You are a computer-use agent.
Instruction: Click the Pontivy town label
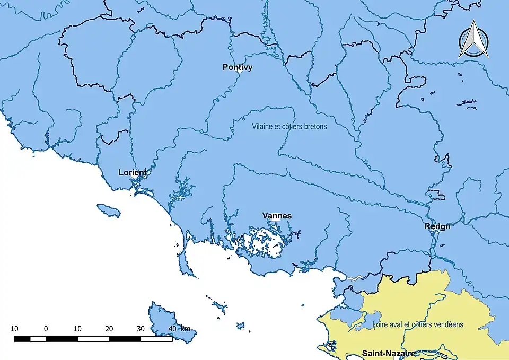click(x=238, y=67)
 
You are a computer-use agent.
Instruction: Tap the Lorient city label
click(x=133, y=172)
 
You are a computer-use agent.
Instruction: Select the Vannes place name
click(x=277, y=216)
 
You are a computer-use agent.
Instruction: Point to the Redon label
click(x=437, y=226)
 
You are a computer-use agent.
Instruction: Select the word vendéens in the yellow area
click(x=448, y=324)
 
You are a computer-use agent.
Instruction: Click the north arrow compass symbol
click(x=473, y=39)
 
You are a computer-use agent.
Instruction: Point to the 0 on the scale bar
click(x=46, y=329)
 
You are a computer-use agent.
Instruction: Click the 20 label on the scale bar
click(x=109, y=329)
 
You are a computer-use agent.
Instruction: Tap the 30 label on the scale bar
click(x=141, y=329)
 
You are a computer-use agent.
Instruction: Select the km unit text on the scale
click(x=185, y=329)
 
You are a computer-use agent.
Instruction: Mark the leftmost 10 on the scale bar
click(x=14, y=329)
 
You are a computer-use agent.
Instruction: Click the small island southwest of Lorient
click(x=108, y=210)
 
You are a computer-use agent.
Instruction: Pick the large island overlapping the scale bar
click(x=167, y=321)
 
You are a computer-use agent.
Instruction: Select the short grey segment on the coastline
click(x=355, y=277)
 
